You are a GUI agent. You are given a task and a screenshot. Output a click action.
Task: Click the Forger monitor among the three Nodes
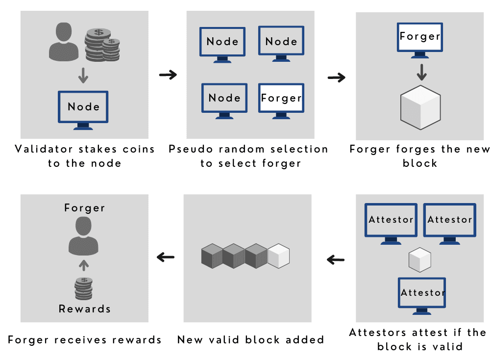[x=281, y=100]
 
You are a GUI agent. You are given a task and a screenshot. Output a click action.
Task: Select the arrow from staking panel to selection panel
[x=168, y=75]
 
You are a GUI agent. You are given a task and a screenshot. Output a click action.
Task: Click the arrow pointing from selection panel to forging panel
[x=336, y=77]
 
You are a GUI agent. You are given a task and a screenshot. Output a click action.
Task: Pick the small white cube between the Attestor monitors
[x=420, y=260]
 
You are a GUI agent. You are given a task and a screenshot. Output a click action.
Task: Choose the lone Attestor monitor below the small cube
[x=422, y=295]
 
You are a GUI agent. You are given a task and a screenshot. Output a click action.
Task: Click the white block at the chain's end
[x=279, y=256]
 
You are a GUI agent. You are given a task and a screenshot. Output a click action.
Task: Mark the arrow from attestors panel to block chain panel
[x=336, y=259]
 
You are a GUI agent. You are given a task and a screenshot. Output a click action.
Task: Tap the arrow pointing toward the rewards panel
[x=166, y=257]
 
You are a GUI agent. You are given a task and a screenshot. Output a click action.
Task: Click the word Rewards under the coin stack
[x=84, y=309]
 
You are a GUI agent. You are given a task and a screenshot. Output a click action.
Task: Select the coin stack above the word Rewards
[x=84, y=288]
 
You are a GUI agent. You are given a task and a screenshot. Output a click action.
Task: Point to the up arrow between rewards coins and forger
[x=84, y=265]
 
